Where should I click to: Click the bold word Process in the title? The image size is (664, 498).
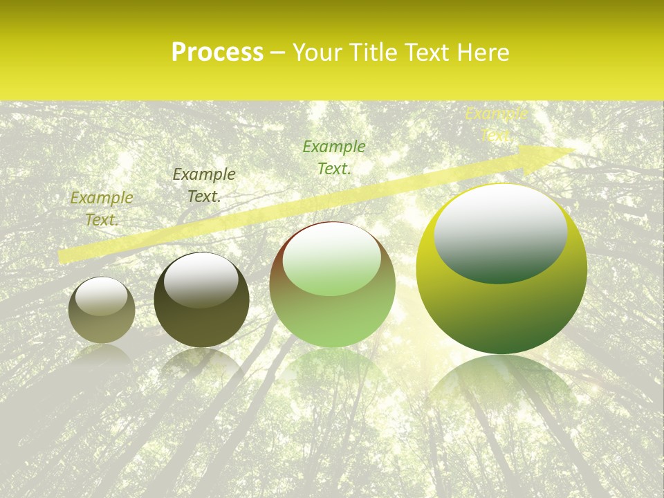[217, 53]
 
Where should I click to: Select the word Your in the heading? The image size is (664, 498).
[318, 53]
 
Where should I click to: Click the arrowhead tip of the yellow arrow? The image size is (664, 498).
[574, 150]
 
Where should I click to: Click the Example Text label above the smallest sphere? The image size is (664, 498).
[102, 208]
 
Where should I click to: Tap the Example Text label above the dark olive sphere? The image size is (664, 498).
[204, 185]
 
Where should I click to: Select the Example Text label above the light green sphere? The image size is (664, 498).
[334, 157]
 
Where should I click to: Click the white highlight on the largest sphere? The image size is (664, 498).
[500, 232]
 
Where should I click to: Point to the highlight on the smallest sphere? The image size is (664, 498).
[101, 297]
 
